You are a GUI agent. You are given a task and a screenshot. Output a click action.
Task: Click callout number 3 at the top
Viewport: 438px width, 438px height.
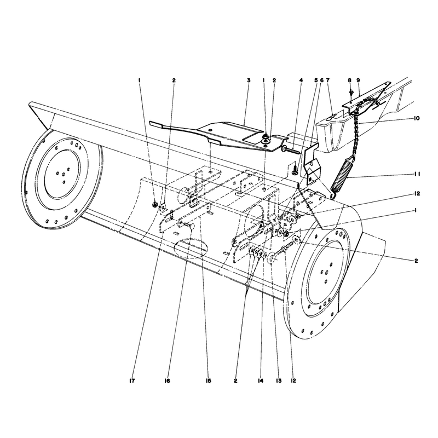click(249, 80)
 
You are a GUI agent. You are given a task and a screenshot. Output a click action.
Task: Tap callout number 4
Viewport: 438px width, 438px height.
click(301, 80)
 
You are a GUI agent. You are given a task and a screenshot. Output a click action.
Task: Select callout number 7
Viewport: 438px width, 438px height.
click(327, 80)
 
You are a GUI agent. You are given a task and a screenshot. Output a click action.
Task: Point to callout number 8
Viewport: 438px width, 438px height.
click(349, 80)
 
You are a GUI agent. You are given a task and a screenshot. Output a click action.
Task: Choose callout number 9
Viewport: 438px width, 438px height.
click(358, 80)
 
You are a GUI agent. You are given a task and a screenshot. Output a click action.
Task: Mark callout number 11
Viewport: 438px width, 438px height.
click(417, 174)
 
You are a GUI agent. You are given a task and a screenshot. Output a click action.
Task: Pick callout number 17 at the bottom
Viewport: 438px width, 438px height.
click(132, 381)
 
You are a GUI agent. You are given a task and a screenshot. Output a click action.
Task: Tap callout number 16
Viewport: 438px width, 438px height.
click(167, 381)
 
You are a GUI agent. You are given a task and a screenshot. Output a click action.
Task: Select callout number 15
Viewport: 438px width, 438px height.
click(209, 381)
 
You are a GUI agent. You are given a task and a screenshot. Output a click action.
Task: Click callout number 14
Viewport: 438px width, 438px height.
click(261, 381)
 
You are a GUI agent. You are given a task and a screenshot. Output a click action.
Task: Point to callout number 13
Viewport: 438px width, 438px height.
click(278, 381)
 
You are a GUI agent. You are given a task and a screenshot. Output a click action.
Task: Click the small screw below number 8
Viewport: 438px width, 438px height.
click(351, 91)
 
